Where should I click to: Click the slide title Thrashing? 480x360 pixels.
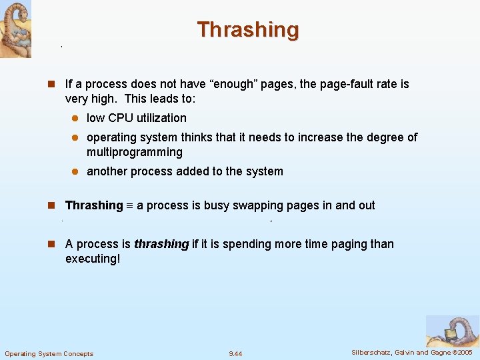248,30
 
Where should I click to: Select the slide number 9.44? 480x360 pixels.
235,353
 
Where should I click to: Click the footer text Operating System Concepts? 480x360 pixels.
49,353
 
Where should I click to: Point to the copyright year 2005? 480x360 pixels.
465,352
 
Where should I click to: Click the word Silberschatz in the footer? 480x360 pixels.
371,352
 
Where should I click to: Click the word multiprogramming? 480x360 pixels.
135,152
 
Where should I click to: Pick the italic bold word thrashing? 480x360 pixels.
161,244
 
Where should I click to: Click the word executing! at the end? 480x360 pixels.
93,259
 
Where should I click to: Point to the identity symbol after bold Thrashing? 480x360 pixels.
130,206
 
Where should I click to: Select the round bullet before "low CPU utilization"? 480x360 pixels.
76,119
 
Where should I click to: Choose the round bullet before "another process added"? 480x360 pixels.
76,172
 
